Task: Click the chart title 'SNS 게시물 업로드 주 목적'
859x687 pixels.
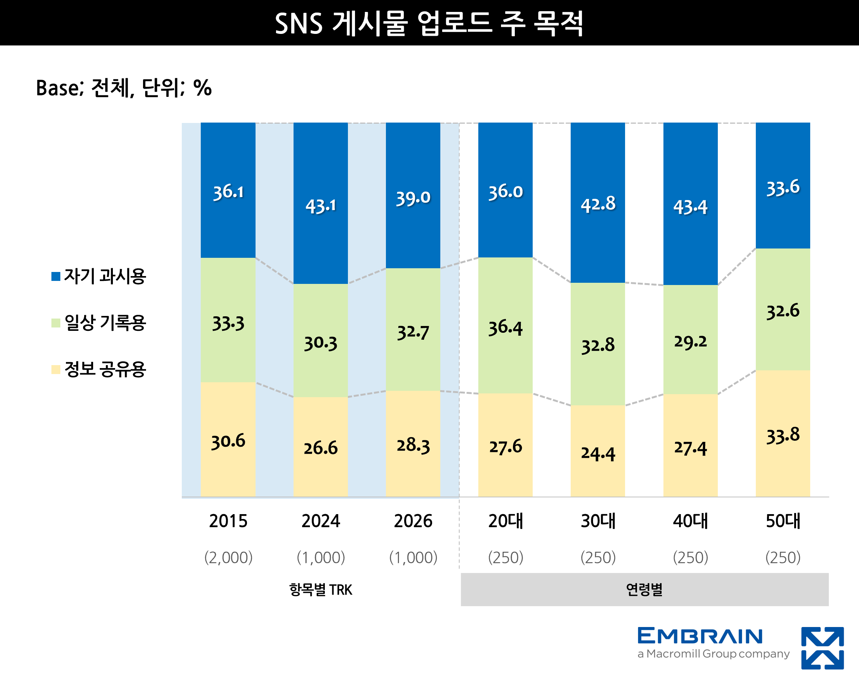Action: [429, 23]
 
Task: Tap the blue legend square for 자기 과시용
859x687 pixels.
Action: [56, 276]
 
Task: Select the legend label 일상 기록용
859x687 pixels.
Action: [105, 322]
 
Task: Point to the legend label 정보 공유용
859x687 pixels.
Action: [105, 369]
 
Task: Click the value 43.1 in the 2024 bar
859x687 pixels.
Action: [321, 206]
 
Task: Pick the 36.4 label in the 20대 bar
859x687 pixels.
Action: [505, 327]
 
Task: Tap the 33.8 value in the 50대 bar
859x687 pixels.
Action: [783, 435]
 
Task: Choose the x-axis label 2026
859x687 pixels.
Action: [413, 521]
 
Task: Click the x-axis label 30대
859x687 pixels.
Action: [598, 521]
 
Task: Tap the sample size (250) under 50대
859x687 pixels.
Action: [783, 557]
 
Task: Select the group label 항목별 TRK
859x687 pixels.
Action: [321, 590]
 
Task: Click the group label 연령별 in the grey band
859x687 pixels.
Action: [644, 590]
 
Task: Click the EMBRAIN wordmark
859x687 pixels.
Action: [700, 636]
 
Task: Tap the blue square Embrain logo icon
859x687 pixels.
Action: [822, 648]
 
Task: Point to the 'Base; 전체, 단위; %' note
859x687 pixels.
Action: [124, 88]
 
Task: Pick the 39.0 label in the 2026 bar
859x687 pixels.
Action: [413, 198]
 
